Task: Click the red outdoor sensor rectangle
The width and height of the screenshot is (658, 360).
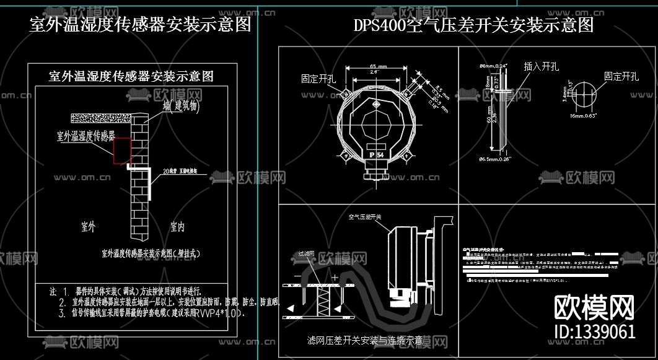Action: [122, 151]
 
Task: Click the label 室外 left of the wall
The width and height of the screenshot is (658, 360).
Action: [88, 226]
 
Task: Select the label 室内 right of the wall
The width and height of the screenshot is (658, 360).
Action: [177, 227]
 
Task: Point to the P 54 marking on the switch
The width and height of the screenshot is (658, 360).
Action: [375, 154]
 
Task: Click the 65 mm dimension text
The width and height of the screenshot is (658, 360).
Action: [378, 66]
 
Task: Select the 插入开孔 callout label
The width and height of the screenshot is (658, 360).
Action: [541, 66]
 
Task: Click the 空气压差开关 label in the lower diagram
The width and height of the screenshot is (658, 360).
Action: [366, 217]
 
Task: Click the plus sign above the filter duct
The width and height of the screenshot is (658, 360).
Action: [335, 277]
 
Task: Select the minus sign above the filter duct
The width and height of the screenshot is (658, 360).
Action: [298, 276]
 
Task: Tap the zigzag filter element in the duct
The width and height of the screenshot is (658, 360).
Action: [325, 303]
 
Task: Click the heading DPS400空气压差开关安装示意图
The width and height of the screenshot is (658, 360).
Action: [473, 25]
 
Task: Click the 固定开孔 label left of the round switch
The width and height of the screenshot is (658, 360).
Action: [318, 79]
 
